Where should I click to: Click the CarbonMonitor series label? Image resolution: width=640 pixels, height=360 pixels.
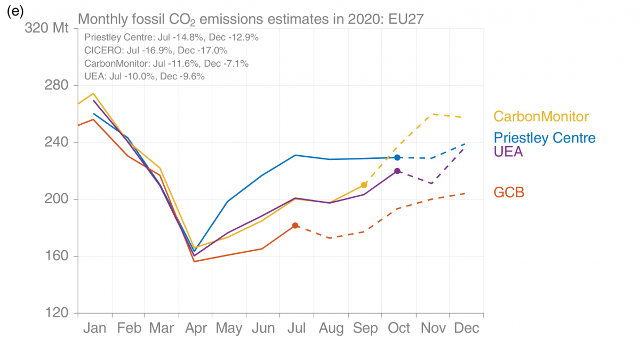pyautogui.click(x=541, y=117)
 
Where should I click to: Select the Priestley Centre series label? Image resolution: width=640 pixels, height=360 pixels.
pyautogui.click(x=545, y=138)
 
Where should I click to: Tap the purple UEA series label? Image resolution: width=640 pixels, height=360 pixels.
pyautogui.click(x=508, y=151)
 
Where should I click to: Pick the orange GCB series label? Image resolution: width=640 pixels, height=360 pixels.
pyautogui.click(x=509, y=193)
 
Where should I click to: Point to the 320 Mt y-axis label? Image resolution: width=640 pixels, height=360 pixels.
pyautogui.click(x=47, y=28)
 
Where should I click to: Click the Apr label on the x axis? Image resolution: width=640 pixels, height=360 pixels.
pyautogui.click(x=196, y=327)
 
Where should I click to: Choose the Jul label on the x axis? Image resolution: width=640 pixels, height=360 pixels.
pyautogui.click(x=296, y=327)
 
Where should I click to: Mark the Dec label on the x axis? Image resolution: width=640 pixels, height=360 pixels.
pyautogui.click(x=466, y=327)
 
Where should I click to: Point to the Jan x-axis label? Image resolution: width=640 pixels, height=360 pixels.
pyautogui.click(x=95, y=327)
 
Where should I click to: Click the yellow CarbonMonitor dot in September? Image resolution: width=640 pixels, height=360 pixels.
pyautogui.click(x=364, y=185)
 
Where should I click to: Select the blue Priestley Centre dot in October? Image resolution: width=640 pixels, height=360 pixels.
pyautogui.click(x=397, y=157)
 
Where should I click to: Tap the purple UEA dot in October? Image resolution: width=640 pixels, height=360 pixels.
pyautogui.click(x=397, y=171)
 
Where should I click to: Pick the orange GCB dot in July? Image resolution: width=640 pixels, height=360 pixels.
pyautogui.click(x=295, y=226)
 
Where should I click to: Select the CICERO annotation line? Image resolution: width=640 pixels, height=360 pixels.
pyautogui.click(x=156, y=51)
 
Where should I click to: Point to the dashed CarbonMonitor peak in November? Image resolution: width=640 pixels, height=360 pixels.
pyautogui.click(x=431, y=114)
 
